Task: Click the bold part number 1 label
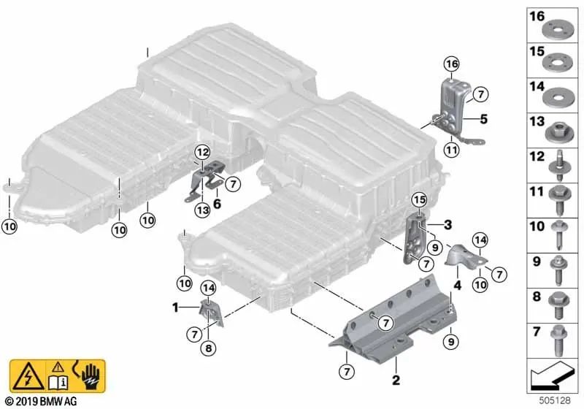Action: coord(175,308)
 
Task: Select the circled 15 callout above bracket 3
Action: coord(418,199)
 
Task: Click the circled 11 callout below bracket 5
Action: coord(451,150)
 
